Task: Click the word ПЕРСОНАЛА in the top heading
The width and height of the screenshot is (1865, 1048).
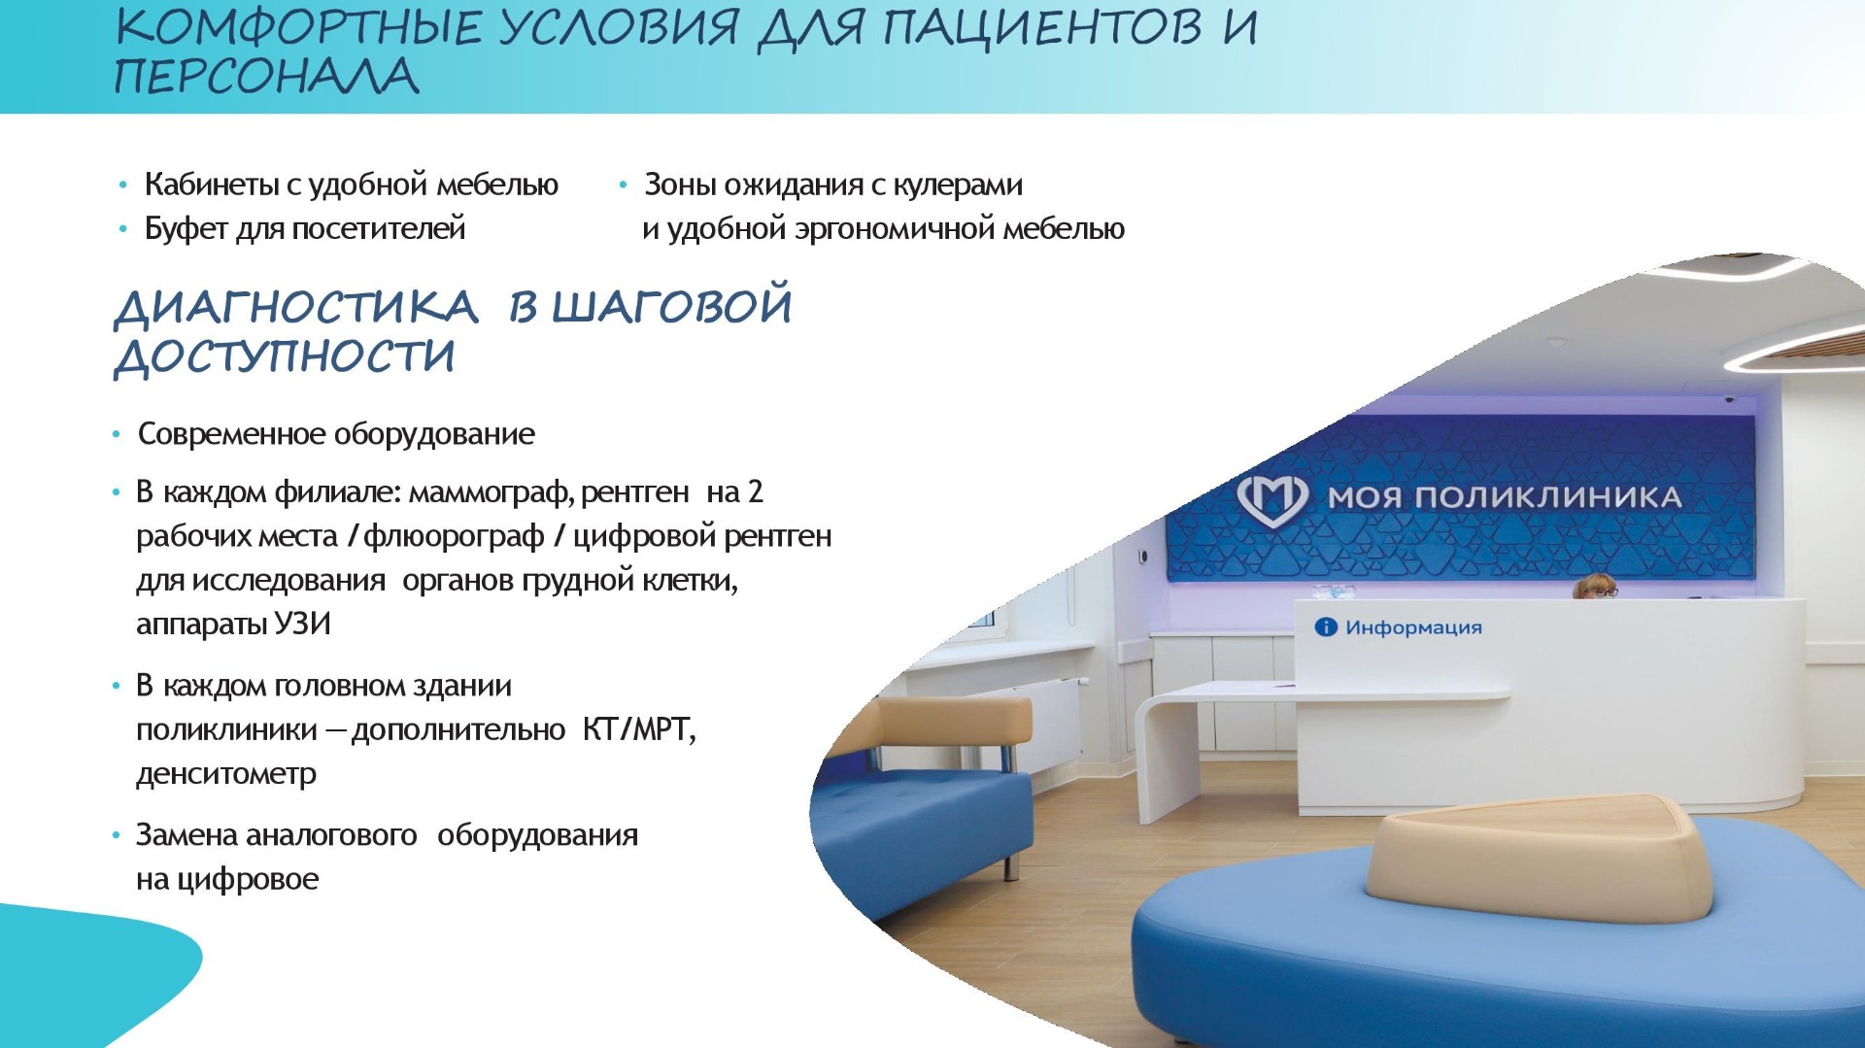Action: click(267, 77)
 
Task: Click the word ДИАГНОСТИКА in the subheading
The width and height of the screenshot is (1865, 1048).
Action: click(296, 307)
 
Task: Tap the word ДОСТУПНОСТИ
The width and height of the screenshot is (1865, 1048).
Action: click(285, 355)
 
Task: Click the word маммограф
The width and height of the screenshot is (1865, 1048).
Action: click(491, 493)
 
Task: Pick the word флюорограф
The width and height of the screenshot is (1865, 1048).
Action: click(454, 537)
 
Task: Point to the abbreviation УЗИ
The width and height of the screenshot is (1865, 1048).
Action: click(302, 624)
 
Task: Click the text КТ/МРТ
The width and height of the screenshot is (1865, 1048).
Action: click(638, 729)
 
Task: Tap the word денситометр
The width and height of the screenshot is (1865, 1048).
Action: click(226, 774)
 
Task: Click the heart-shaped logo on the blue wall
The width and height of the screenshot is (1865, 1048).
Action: click(1272, 499)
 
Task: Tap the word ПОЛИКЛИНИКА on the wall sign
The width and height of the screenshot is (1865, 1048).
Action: click(1548, 497)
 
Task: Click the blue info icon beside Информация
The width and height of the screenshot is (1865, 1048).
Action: click(1326, 627)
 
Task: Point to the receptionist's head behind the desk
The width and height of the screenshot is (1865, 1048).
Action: click(1595, 586)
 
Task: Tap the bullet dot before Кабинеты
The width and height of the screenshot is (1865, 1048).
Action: click(122, 185)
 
